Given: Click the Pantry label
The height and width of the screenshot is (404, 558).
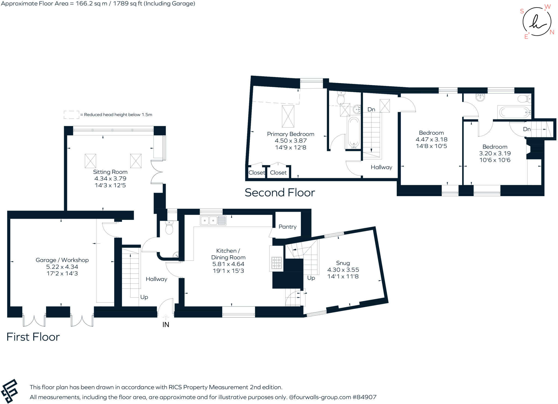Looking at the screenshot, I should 287,227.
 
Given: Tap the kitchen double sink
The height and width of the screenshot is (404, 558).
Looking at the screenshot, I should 213,220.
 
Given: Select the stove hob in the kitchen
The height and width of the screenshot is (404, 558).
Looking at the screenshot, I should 276,263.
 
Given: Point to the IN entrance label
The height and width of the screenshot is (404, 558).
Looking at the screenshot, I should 166,325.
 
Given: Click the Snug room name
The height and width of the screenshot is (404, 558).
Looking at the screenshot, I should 343,263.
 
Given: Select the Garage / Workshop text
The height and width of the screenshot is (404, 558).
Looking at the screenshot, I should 62,260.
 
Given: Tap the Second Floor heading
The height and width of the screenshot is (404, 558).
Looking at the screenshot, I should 280,193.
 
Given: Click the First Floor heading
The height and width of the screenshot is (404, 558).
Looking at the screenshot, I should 33,337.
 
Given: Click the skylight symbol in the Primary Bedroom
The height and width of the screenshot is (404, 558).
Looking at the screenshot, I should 288,116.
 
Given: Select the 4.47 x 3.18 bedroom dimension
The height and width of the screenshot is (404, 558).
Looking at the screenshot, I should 431,139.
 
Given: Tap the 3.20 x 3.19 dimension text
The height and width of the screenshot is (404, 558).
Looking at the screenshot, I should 495,153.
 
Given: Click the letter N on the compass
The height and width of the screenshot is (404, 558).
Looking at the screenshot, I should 552,32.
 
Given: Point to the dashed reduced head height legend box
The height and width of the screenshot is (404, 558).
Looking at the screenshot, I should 71,115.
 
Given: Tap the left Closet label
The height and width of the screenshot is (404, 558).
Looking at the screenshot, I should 256,173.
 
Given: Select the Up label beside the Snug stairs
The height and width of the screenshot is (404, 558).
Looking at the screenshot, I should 311,278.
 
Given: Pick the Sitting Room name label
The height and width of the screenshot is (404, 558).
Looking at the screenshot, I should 110,172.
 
